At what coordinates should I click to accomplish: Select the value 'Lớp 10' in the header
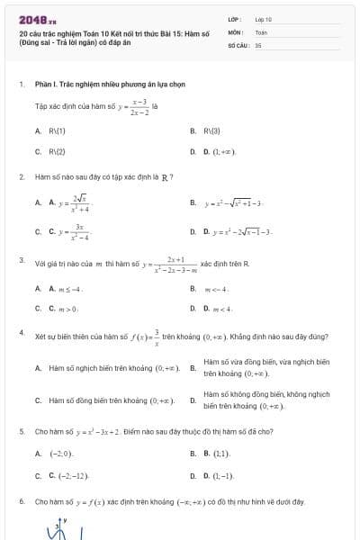263,18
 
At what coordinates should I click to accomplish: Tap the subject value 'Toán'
261,31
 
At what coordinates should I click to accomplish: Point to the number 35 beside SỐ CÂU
258,43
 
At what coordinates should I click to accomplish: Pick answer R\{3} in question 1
211,130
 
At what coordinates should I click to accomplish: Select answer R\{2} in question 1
58,151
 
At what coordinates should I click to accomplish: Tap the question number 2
21,176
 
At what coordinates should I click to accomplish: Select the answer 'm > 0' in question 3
69,309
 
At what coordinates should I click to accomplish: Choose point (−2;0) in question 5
61,454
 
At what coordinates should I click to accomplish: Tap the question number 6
21,500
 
